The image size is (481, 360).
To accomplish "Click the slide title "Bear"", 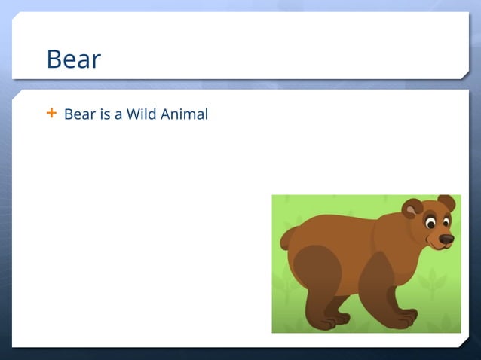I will pos(73,59).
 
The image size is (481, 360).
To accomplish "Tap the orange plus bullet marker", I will pos(51,114).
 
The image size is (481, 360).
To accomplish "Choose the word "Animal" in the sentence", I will pos(183,115).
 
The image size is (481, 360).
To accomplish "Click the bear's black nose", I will pos(446,239).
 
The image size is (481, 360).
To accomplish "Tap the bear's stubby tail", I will pos(286,238).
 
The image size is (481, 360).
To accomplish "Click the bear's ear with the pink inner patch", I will pos(412,209).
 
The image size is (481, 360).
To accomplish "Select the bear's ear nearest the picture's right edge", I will pos(447,203).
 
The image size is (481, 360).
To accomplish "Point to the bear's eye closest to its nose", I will pos(446,222).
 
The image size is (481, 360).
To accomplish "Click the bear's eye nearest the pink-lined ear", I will pos(430,223).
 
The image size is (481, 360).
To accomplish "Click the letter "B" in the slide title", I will pos(54,59).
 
